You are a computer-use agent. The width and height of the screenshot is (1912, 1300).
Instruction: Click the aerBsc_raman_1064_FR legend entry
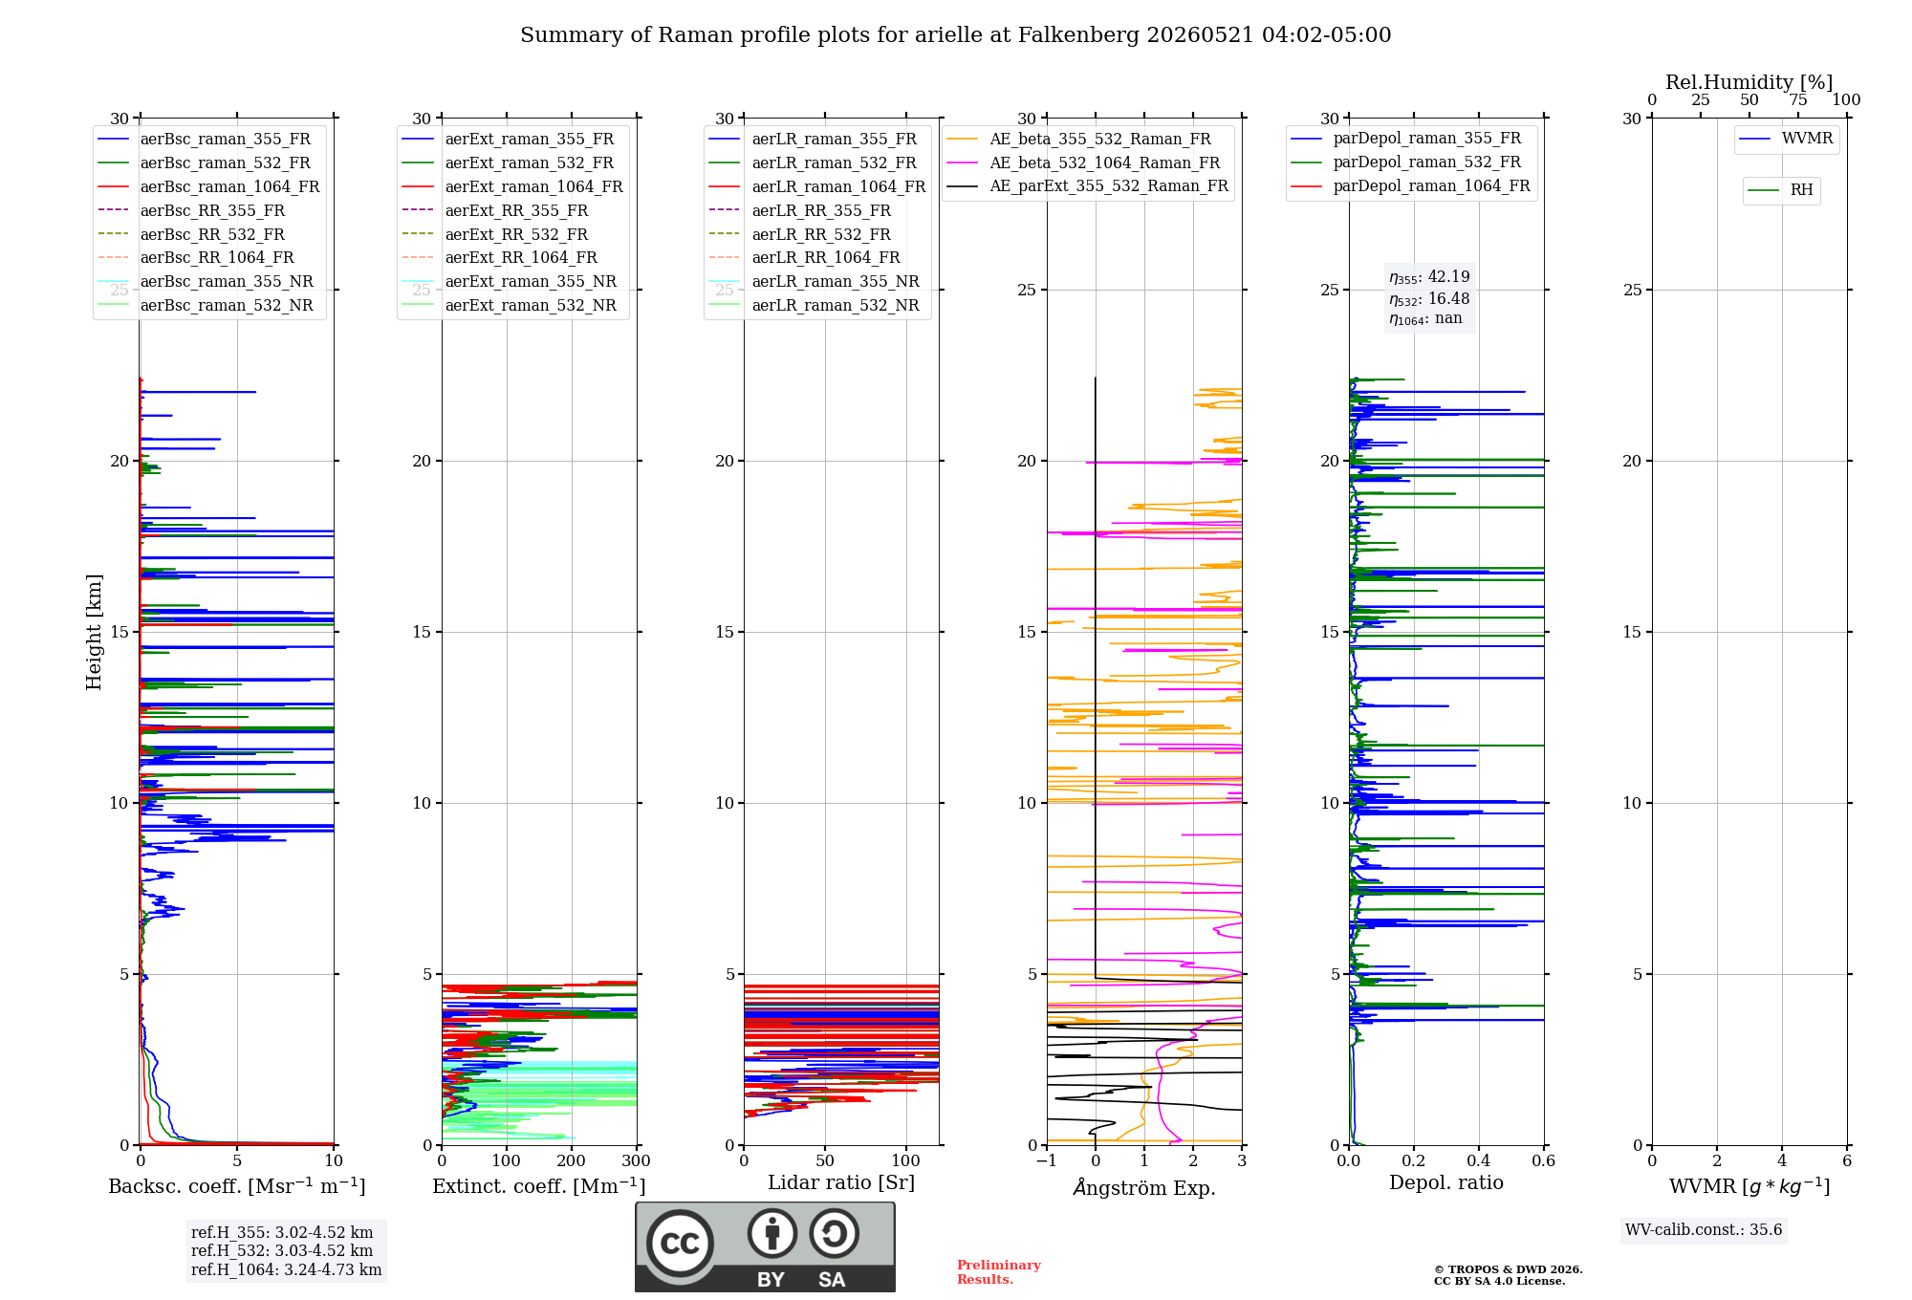tap(208, 186)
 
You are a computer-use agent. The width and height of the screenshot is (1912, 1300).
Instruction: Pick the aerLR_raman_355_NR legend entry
tap(814, 281)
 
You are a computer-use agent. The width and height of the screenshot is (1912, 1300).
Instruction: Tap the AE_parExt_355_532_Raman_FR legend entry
tap(1087, 185)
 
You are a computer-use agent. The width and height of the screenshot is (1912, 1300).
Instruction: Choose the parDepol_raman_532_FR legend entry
tap(1405, 162)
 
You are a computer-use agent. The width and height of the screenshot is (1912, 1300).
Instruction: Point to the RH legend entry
tap(1780, 190)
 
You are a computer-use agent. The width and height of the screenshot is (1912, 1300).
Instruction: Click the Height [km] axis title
tap(94, 632)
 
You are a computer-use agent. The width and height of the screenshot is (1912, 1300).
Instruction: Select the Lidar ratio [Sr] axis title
tap(841, 1182)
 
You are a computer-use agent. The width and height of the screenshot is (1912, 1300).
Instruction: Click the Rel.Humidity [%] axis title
tap(1749, 82)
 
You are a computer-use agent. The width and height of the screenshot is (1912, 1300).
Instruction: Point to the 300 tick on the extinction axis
tap(636, 1160)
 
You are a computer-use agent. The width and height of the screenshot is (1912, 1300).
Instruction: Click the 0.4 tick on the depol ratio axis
tap(1479, 1160)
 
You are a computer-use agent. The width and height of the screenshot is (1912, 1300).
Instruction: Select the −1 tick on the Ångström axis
tap(1047, 1160)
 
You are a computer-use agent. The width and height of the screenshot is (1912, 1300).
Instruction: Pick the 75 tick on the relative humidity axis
tap(1798, 99)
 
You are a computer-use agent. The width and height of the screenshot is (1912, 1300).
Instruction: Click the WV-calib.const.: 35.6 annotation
tap(1704, 1229)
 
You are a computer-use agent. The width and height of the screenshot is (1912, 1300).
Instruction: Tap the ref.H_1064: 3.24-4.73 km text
tap(286, 1269)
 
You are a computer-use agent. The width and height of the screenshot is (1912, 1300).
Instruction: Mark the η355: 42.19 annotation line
tap(1429, 277)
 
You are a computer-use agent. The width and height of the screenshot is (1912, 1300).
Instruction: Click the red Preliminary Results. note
tap(999, 1272)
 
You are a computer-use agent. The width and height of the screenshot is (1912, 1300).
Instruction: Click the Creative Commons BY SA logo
tap(765, 1247)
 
